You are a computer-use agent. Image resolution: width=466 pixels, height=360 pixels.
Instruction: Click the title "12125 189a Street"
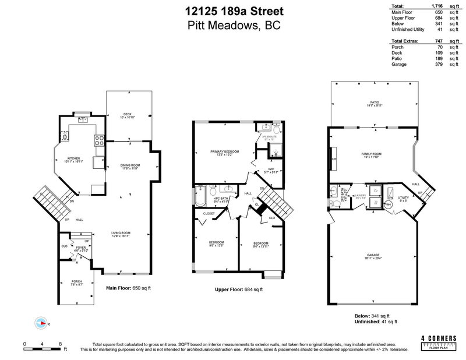click(x=233, y=10)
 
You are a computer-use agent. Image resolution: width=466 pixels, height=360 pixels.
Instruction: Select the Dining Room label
click(x=130, y=167)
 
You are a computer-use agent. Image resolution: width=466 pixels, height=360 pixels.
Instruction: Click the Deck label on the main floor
click(x=127, y=115)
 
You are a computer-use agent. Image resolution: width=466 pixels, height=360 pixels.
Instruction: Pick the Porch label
click(x=77, y=283)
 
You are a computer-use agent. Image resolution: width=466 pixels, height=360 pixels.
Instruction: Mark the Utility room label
click(x=404, y=199)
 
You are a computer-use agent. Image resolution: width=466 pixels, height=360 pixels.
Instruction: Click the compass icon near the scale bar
click(x=41, y=322)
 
